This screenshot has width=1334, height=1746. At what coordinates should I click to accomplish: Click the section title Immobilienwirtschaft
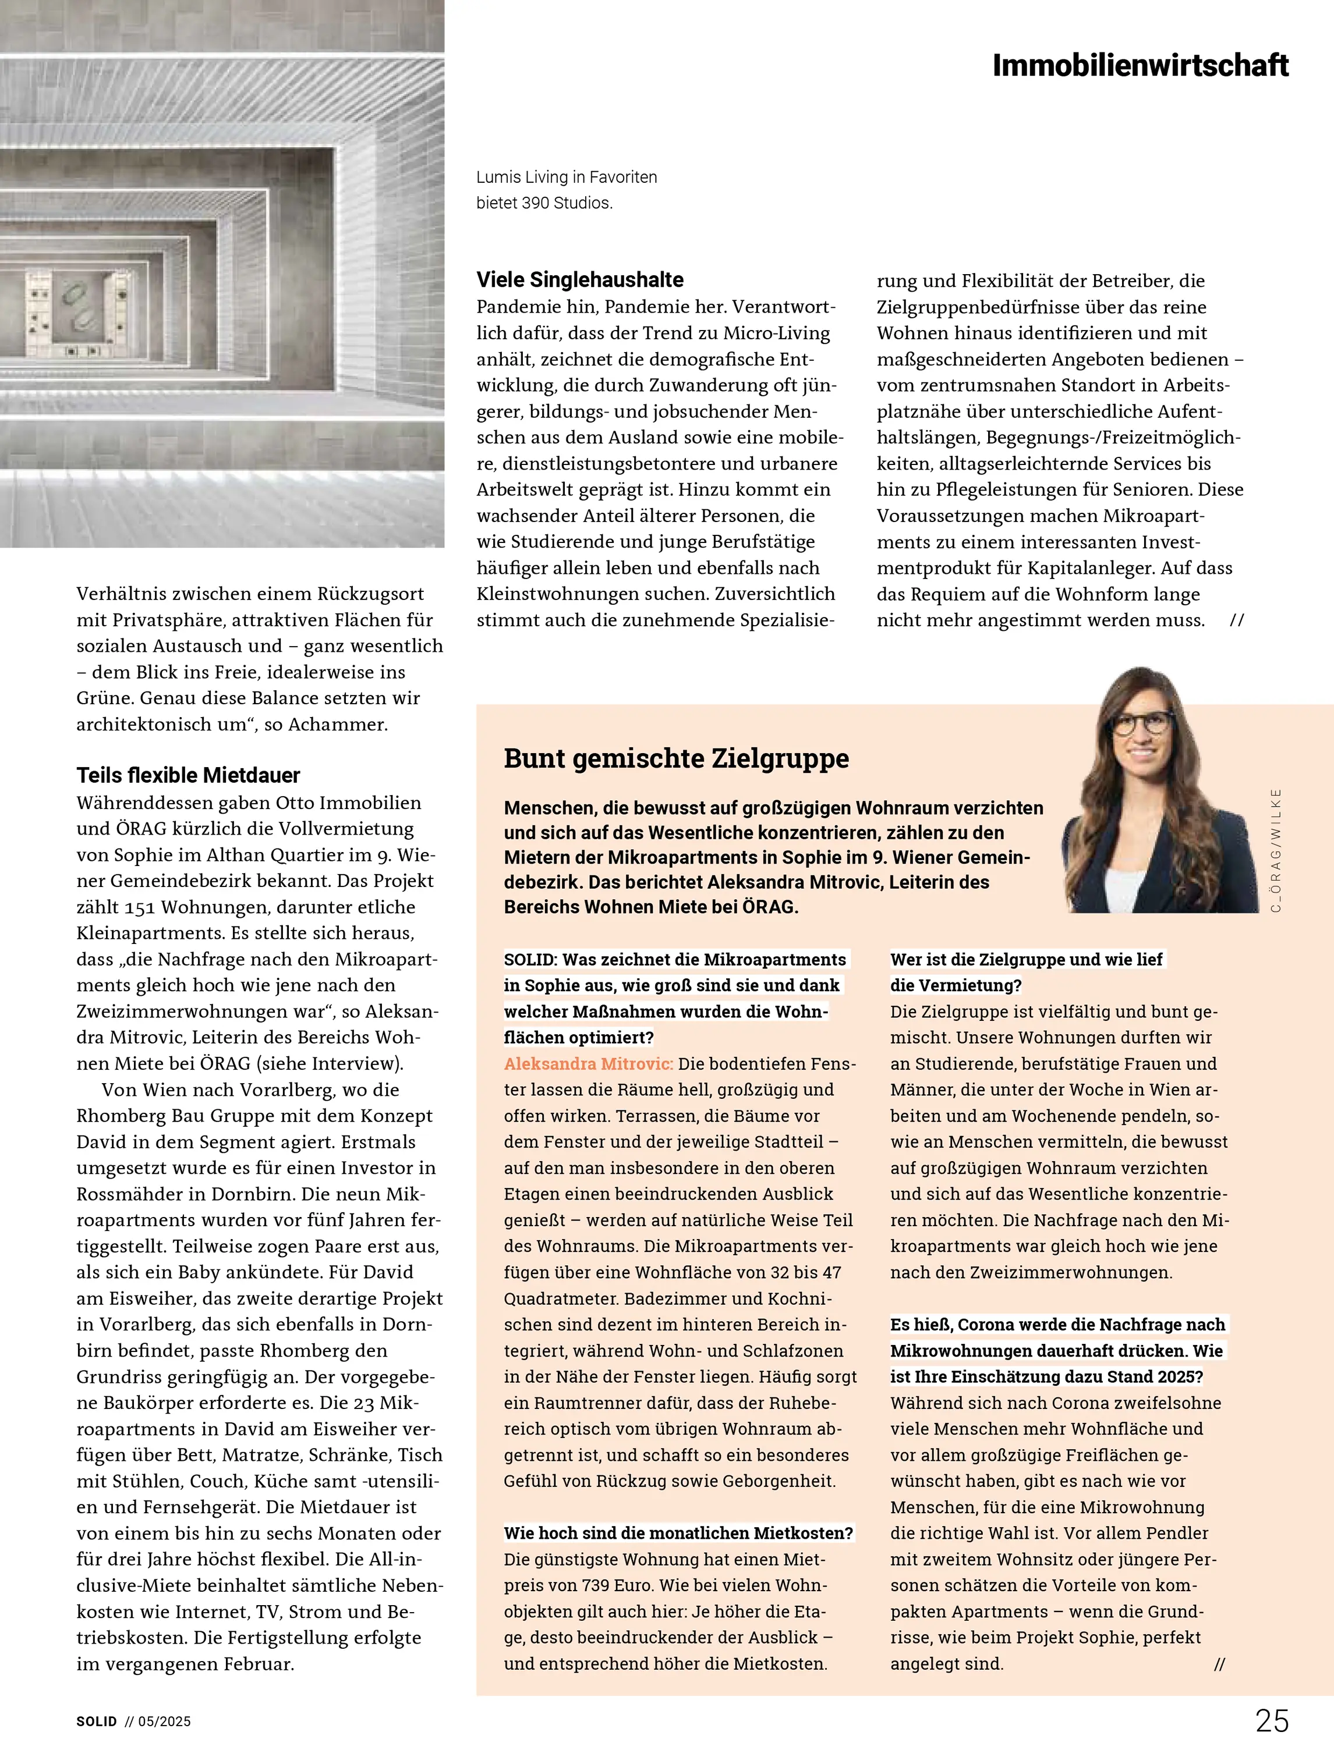tap(1140, 65)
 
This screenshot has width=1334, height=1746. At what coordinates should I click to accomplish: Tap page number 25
tap(1272, 1720)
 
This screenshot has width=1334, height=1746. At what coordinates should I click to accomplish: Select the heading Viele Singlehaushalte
tap(579, 279)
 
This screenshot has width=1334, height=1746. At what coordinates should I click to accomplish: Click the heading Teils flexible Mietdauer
tap(188, 775)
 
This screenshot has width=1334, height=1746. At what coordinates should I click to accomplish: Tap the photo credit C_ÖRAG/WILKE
tap(1276, 849)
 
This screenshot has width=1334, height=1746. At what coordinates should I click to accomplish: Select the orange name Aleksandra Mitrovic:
tap(588, 1063)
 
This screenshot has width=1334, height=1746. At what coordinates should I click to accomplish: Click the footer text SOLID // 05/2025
tap(133, 1722)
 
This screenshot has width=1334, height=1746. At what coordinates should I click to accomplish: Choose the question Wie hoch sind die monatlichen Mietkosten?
tap(678, 1534)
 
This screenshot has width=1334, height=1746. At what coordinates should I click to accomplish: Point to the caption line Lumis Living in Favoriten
tap(566, 177)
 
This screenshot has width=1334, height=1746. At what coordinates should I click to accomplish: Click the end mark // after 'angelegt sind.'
tap(1219, 1665)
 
